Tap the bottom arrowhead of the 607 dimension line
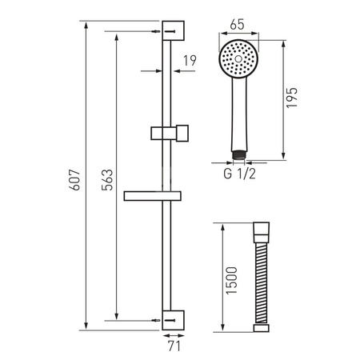point(84,326)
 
